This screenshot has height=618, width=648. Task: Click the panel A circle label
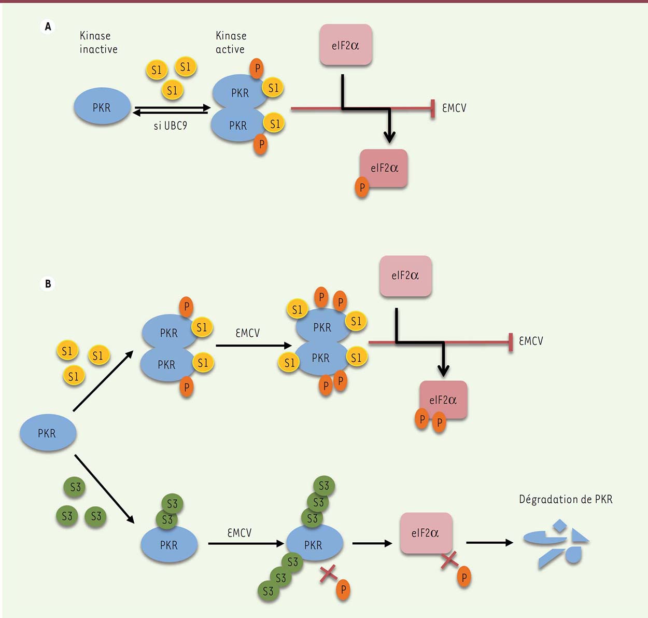(48, 26)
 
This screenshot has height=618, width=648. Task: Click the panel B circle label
(48, 284)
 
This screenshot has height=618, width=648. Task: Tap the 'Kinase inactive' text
(98, 43)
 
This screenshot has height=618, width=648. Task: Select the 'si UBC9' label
(170, 126)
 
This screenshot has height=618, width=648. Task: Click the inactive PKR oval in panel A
(102, 107)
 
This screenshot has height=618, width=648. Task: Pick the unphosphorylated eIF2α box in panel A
(346, 45)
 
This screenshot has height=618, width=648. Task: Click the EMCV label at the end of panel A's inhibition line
(454, 108)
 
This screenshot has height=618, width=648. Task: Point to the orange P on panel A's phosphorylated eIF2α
(362, 187)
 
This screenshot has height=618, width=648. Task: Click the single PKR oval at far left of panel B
(48, 433)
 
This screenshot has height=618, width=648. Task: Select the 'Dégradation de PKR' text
(566, 499)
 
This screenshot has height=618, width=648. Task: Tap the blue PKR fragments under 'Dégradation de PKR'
(557, 543)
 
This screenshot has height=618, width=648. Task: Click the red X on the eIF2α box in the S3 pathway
(449, 560)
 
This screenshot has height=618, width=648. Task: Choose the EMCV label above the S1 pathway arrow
(247, 333)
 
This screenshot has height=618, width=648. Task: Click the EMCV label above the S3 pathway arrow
(239, 533)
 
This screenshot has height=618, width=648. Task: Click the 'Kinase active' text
(231, 43)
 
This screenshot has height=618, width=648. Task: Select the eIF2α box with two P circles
(443, 400)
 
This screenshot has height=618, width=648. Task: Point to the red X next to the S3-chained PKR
(328, 573)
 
